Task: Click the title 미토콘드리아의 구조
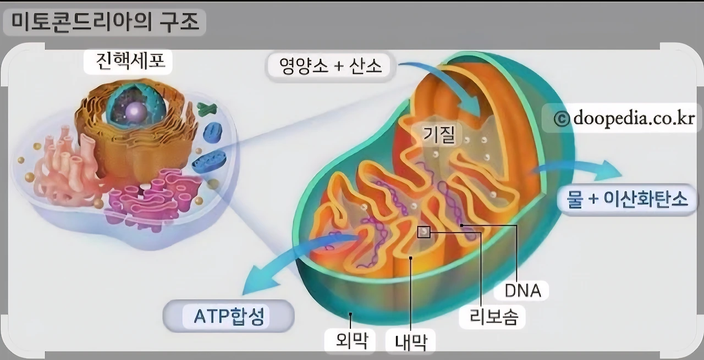click(x=104, y=23)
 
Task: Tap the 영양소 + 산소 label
click(x=330, y=67)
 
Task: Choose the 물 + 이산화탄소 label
click(x=627, y=199)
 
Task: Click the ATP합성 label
click(x=229, y=316)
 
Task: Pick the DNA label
click(x=523, y=290)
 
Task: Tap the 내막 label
click(x=411, y=342)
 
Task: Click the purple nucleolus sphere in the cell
click(x=134, y=112)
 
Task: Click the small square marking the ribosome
click(x=424, y=232)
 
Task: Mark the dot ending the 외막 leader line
click(x=350, y=315)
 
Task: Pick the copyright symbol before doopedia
click(x=561, y=119)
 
